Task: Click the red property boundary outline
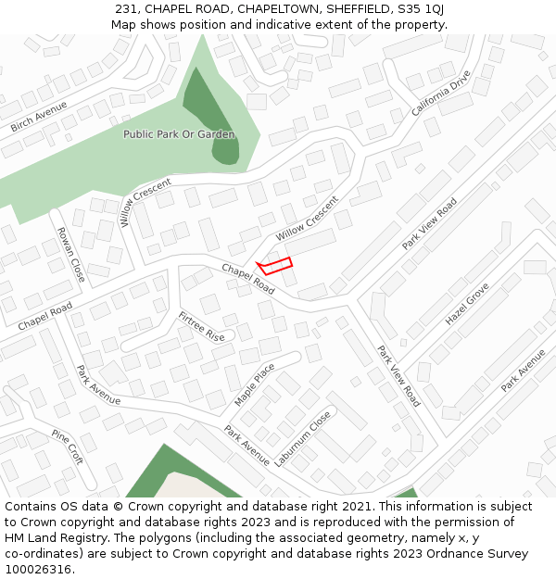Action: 275,265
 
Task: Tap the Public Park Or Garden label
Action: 179,134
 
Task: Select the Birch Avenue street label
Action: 39,116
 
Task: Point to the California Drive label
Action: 441,94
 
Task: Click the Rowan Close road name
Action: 71,255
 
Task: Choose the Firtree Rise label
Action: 201,326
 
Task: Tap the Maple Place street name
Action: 254,384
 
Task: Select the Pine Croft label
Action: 68,447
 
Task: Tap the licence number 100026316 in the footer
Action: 38,570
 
